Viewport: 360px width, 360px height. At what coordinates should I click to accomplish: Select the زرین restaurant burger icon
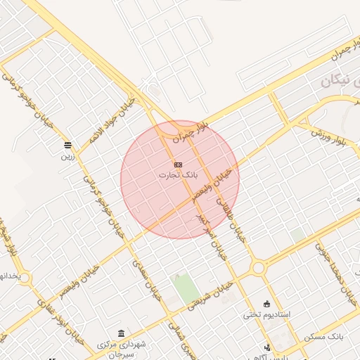[67, 145]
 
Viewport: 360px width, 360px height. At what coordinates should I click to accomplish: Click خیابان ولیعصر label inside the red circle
[213, 182]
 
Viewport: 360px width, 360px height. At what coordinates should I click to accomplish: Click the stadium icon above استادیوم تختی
[267, 303]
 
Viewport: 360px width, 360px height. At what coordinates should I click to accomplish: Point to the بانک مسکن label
[325, 337]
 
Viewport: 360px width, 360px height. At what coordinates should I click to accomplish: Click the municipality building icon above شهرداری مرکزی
[122, 333]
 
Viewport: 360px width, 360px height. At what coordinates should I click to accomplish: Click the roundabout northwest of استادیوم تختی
[258, 267]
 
